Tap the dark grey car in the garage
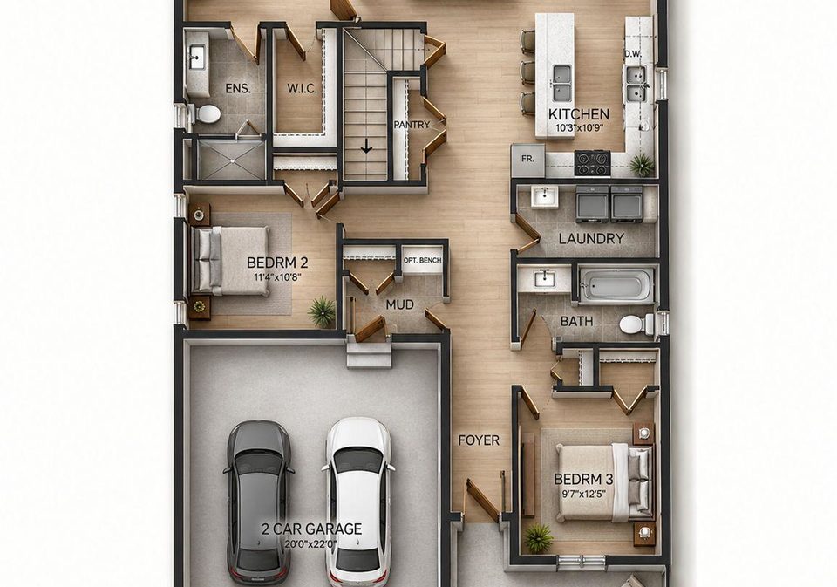coord(260,502)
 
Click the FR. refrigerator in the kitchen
coord(527,160)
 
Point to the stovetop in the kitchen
coord(593,163)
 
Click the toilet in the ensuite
coord(206,113)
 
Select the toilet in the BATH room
coord(638,324)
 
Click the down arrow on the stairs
coord(366,146)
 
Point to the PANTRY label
coord(412,125)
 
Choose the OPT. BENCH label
coord(422,260)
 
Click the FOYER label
coord(479,440)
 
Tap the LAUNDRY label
coord(591,239)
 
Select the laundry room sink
coord(544,196)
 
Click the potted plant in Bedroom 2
coord(322,311)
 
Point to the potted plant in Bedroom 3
coord(538,537)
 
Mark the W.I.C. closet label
coord(303,89)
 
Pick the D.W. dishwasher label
coord(633,54)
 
